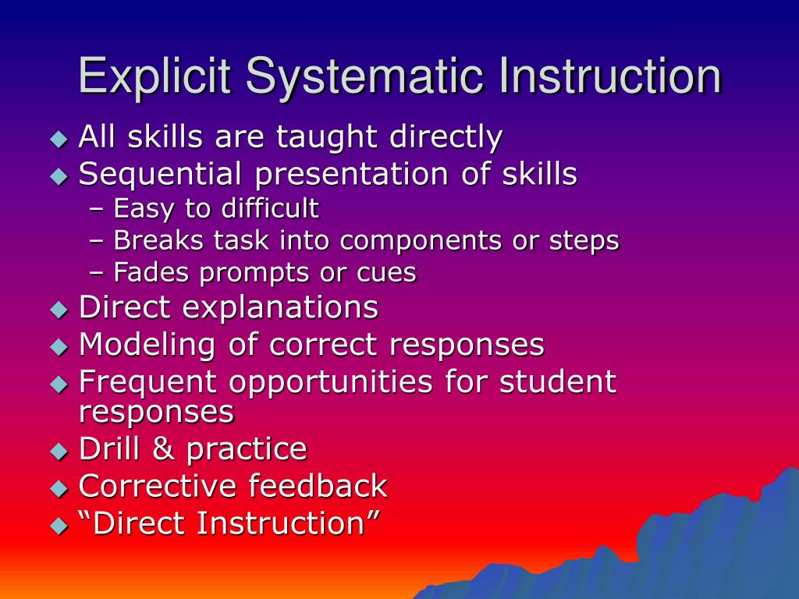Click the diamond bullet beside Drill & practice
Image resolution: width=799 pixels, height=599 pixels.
(59, 451)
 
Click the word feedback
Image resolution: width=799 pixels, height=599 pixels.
(318, 486)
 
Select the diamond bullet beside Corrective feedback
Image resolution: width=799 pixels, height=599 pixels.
(59, 488)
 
